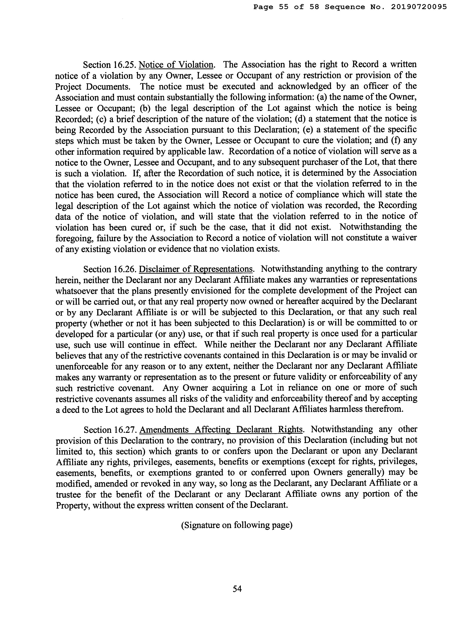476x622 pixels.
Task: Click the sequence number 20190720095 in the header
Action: coord(419,7)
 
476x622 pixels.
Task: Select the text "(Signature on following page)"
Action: coord(237,525)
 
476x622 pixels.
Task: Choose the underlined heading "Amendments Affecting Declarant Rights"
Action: coord(221,430)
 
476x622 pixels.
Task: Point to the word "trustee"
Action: coord(68,494)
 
